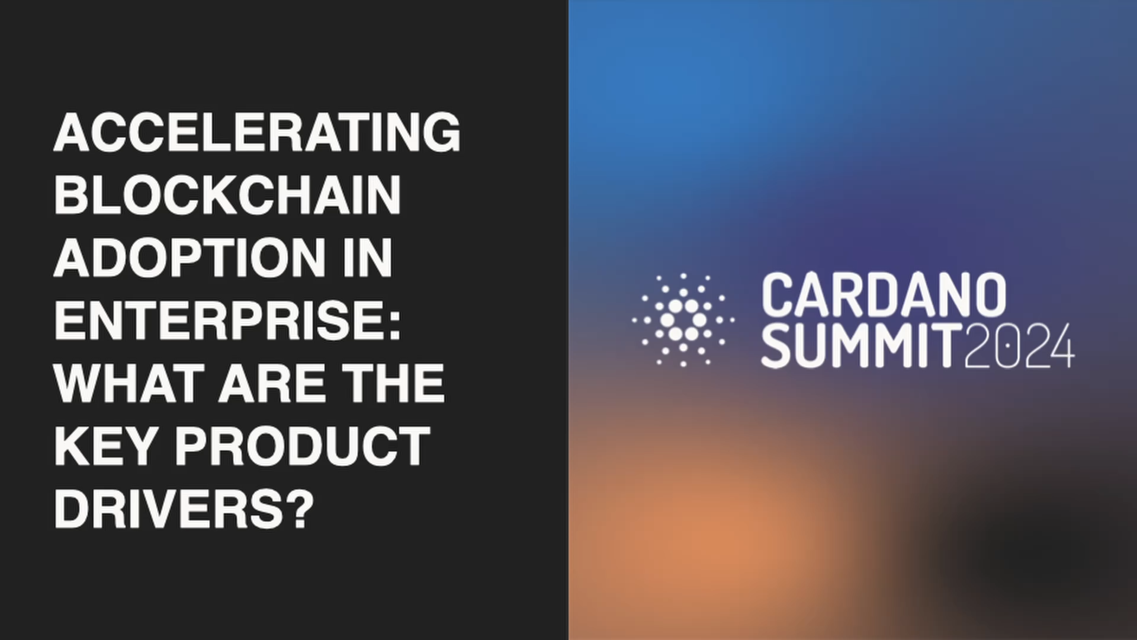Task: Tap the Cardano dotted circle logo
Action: pyautogui.click(x=683, y=320)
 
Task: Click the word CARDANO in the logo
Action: pyautogui.click(x=884, y=295)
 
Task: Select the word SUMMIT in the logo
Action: pyautogui.click(x=862, y=346)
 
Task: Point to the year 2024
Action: pyautogui.click(x=1019, y=346)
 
